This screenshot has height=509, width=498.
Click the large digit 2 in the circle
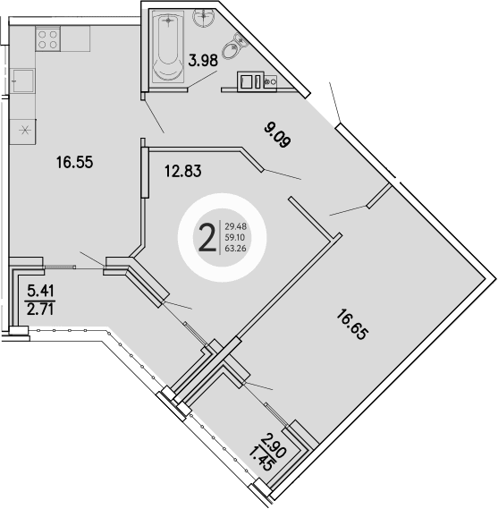pyautogui.click(x=207, y=237)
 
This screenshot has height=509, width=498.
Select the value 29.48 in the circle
pyautogui.click(x=237, y=226)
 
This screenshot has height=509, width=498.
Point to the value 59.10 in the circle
pyautogui.click(x=237, y=237)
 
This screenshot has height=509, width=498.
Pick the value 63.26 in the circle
pyautogui.click(x=237, y=249)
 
